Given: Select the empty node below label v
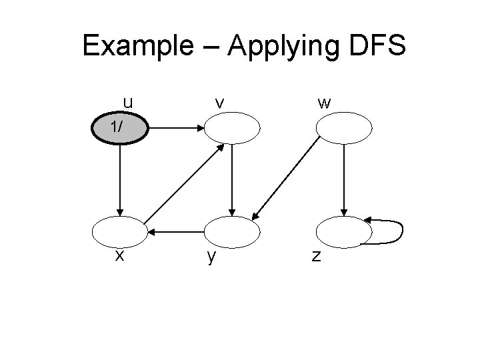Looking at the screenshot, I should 231,128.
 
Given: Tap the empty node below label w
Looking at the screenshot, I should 343,128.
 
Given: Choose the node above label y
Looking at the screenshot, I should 231,231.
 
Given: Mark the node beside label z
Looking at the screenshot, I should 343,231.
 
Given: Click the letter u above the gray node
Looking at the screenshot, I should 127,102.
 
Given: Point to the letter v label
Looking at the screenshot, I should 219,103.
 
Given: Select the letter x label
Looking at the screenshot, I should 119,255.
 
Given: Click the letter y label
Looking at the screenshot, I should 211,257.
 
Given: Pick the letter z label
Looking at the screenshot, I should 317,256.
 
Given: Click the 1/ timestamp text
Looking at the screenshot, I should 117,127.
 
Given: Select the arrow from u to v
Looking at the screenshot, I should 175,127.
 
